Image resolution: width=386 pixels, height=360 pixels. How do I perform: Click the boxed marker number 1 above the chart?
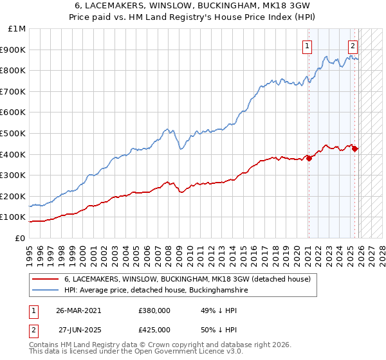pos(308,46)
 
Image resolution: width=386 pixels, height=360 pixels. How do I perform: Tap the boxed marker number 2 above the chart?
pos(353,46)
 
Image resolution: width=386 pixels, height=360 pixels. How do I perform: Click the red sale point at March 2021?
pos(309,158)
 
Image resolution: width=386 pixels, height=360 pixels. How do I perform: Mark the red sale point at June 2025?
pos(354,148)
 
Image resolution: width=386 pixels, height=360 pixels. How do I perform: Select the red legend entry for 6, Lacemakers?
pos(187,279)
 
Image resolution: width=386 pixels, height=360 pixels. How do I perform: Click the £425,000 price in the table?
pos(154,329)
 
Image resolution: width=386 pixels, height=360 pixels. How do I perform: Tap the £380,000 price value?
pos(154,310)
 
